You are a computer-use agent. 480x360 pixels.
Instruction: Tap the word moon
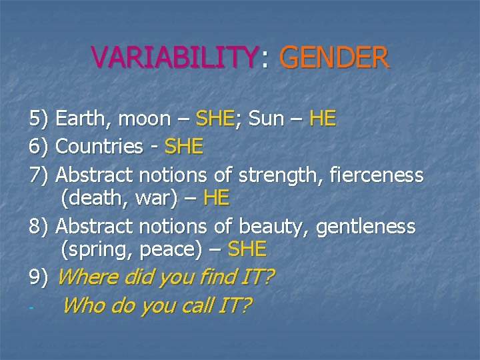[145, 120]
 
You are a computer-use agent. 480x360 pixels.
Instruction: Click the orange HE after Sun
[323, 119]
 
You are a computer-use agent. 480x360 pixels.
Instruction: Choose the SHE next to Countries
[184, 147]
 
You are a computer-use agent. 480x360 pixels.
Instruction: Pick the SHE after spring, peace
[247, 249]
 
